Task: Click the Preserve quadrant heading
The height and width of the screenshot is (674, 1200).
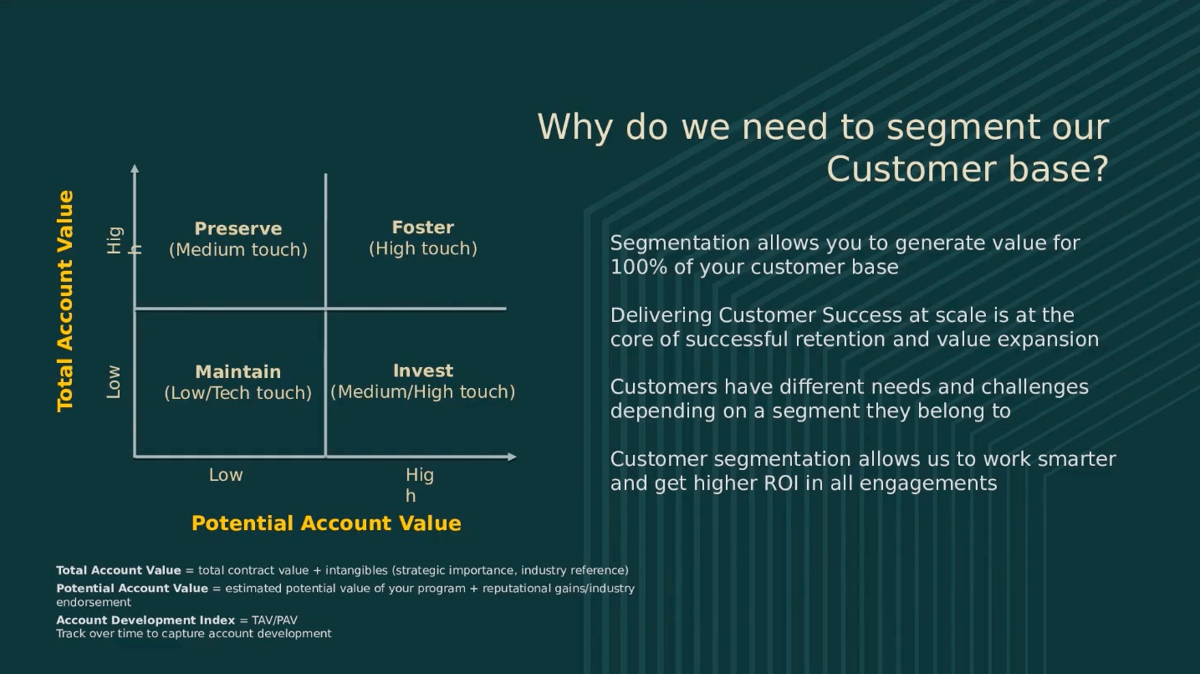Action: [x=238, y=229]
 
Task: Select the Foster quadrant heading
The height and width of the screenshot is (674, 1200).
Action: [x=423, y=227]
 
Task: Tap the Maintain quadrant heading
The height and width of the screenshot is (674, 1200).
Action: [x=238, y=372]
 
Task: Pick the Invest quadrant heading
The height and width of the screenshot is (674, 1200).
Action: [x=423, y=370]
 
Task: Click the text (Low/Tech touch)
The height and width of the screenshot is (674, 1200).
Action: [x=238, y=393]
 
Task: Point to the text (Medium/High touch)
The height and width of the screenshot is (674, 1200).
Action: [x=423, y=392]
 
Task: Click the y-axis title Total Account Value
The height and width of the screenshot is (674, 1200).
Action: [x=65, y=301]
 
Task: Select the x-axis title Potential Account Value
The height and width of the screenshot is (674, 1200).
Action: [x=326, y=523]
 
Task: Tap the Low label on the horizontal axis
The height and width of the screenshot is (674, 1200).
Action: [x=226, y=475]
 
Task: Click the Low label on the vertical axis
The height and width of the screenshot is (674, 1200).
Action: [x=114, y=382]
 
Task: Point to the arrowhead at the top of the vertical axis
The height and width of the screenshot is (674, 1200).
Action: [x=135, y=169]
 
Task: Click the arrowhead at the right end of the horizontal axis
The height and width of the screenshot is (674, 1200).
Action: [x=511, y=457]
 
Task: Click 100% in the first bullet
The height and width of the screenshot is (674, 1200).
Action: [x=635, y=268]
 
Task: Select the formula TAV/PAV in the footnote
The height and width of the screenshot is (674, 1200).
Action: [x=274, y=620]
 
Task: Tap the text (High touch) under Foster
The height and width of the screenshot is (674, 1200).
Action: [x=423, y=249]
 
